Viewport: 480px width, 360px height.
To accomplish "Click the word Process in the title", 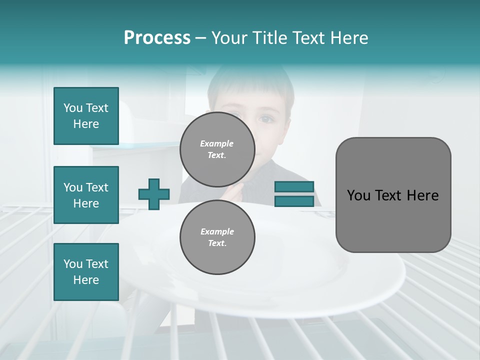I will (157, 38).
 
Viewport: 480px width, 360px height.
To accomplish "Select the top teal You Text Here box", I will (86, 116).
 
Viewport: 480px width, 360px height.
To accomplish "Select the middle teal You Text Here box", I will (86, 195).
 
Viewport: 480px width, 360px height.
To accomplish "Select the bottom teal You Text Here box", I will (86, 272).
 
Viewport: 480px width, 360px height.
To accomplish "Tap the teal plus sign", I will (154, 194).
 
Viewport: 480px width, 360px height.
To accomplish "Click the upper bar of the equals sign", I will (294, 186).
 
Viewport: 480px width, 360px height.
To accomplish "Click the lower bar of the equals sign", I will (294, 201).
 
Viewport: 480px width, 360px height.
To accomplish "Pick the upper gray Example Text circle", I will (217, 149).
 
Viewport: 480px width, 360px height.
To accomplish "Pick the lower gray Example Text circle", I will (217, 237).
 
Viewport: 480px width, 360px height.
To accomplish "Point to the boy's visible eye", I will (266, 119).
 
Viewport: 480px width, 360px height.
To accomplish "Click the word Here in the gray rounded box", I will (422, 195).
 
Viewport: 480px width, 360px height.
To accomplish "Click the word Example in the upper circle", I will (216, 143).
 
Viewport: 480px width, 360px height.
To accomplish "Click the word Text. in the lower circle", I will (217, 243).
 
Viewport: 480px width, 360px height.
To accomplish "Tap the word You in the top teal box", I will (72, 108).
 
